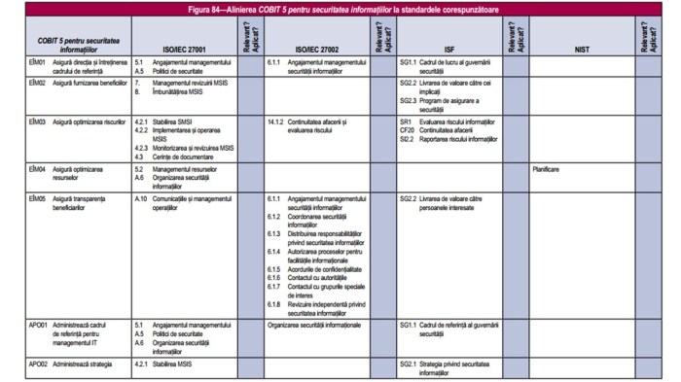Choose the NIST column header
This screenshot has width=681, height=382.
(x=582, y=47)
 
